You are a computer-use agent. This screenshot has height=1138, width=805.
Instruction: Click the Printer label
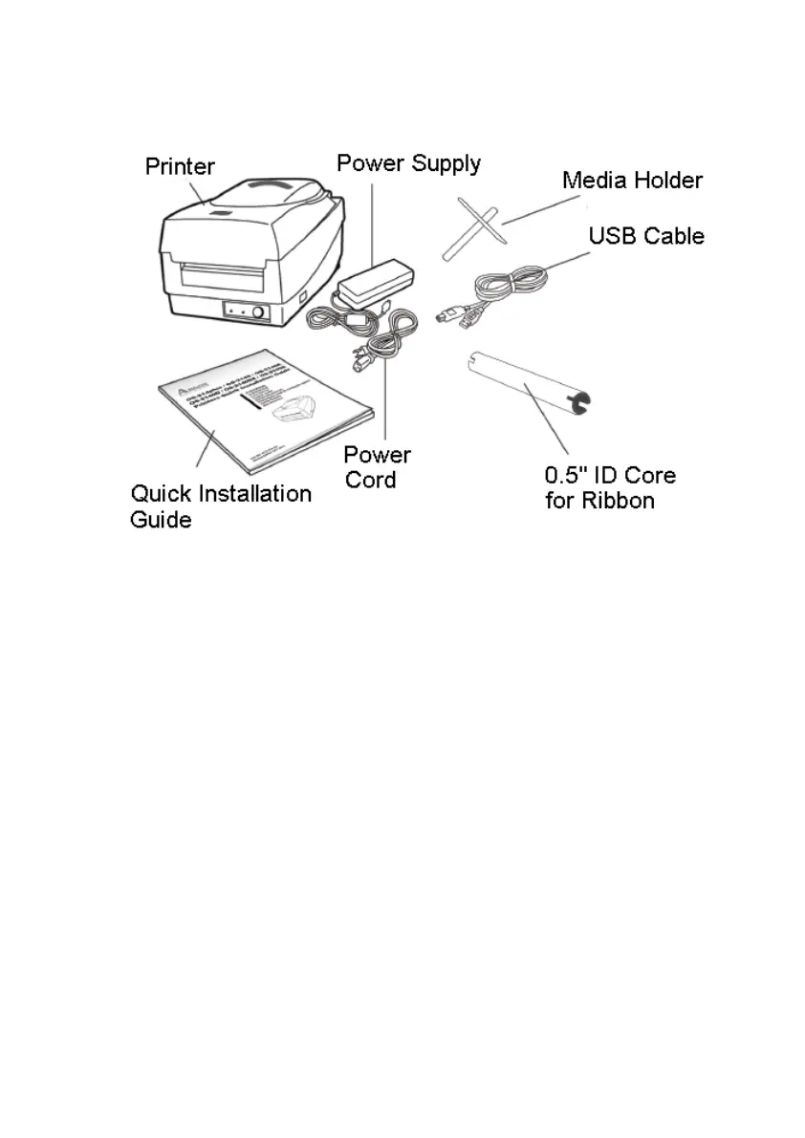[x=180, y=167]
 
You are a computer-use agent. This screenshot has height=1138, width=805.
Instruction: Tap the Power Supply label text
[x=408, y=163]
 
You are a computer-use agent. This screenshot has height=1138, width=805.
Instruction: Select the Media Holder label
[x=632, y=180]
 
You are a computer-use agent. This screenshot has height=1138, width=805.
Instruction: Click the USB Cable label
[x=645, y=235]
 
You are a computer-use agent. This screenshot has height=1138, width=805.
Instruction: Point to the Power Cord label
[x=377, y=466]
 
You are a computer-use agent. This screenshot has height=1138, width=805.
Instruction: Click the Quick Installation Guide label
[x=220, y=505]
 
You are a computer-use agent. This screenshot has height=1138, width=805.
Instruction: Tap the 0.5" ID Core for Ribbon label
[x=609, y=487]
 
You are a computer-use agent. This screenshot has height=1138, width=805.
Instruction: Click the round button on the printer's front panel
[x=257, y=311]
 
